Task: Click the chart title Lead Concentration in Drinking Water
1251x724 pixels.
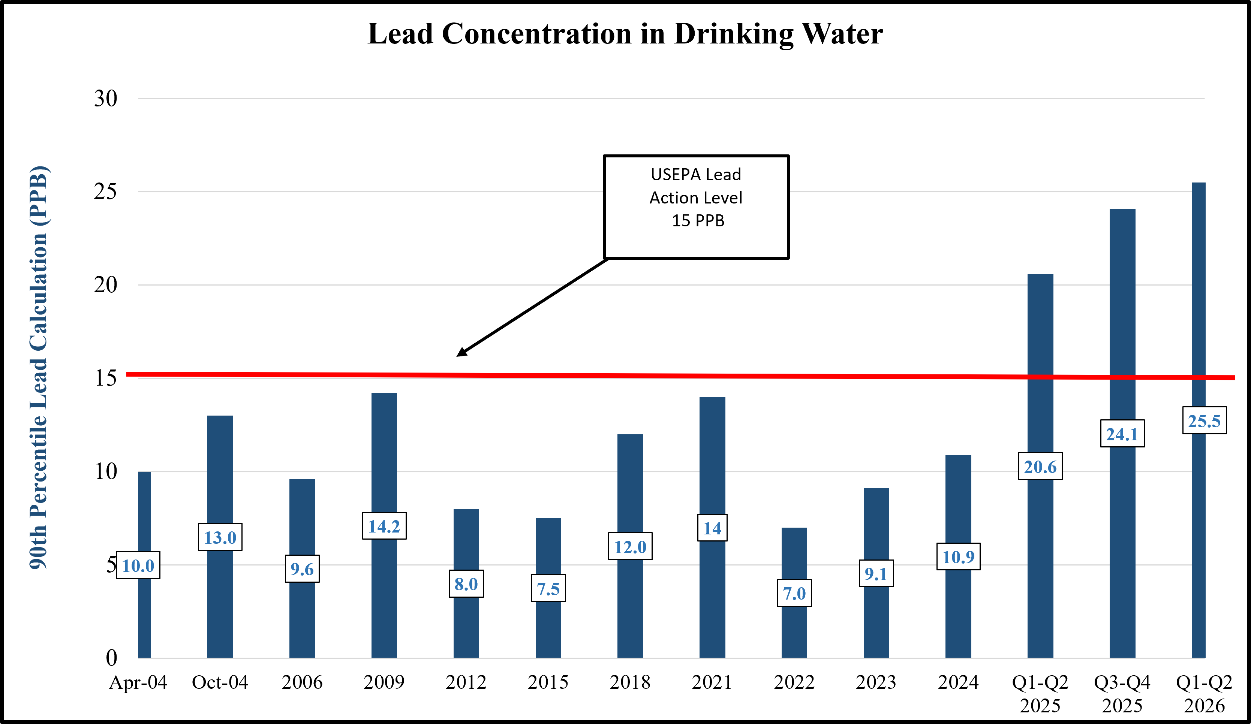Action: pyautogui.click(x=625, y=34)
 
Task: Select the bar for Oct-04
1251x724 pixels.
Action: pyautogui.click(x=220, y=537)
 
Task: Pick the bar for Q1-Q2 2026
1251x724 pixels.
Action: pyautogui.click(x=1199, y=420)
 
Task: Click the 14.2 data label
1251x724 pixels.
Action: pyautogui.click(x=384, y=526)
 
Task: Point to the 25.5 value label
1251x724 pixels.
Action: pyautogui.click(x=1205, y=421)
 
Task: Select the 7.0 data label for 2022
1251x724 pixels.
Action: pyautogui.click(x=794, y=593)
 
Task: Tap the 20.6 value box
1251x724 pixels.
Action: pyautogui.click(x=1040, y=467)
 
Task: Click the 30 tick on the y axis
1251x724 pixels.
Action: pyautogui.click(x=106, y=98)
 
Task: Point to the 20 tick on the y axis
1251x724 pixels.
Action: pyautogui.click(x=106, y=285)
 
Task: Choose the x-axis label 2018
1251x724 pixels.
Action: pyautogui.click(x=630, y=682)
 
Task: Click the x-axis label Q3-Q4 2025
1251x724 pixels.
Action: pyautogui.click(x=1122, y=694)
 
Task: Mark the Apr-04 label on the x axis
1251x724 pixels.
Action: pyautogui.click(x=138, y=683)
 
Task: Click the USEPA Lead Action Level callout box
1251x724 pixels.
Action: pyautogui.click(x=696, y=207)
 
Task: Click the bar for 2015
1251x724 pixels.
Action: pyautogui.click(x=548, y=588)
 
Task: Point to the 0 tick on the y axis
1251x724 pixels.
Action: pyautogui.click(x=112, y=658)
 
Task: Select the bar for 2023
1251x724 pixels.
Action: pyautogui.click(x=876, y=573)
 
